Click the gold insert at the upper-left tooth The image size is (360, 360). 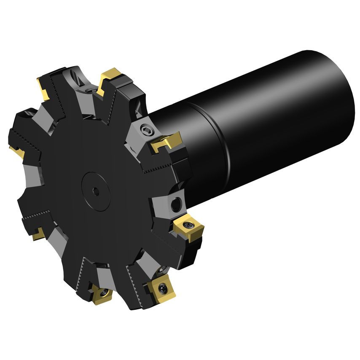click(x=43, y=87)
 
